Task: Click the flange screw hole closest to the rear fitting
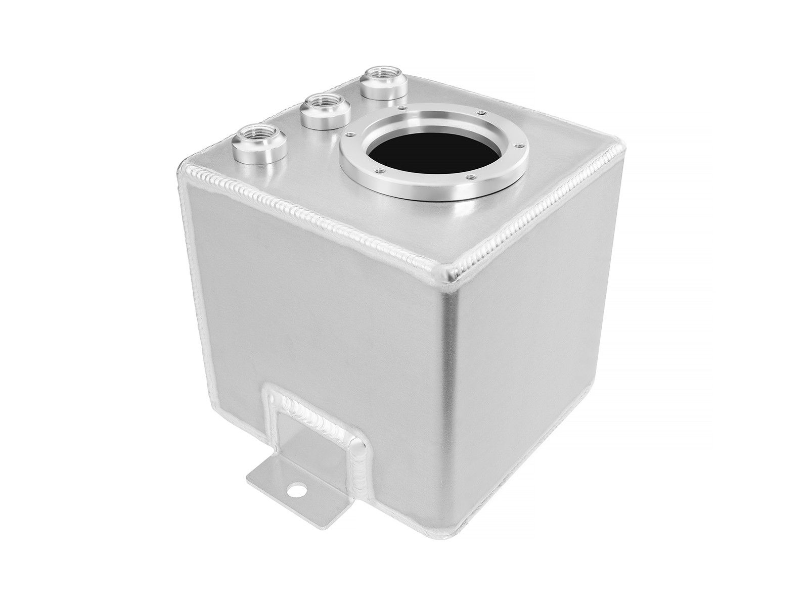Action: coord(402,108)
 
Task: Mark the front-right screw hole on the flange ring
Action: coord(471,176)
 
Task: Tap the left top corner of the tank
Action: coord(183,167)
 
